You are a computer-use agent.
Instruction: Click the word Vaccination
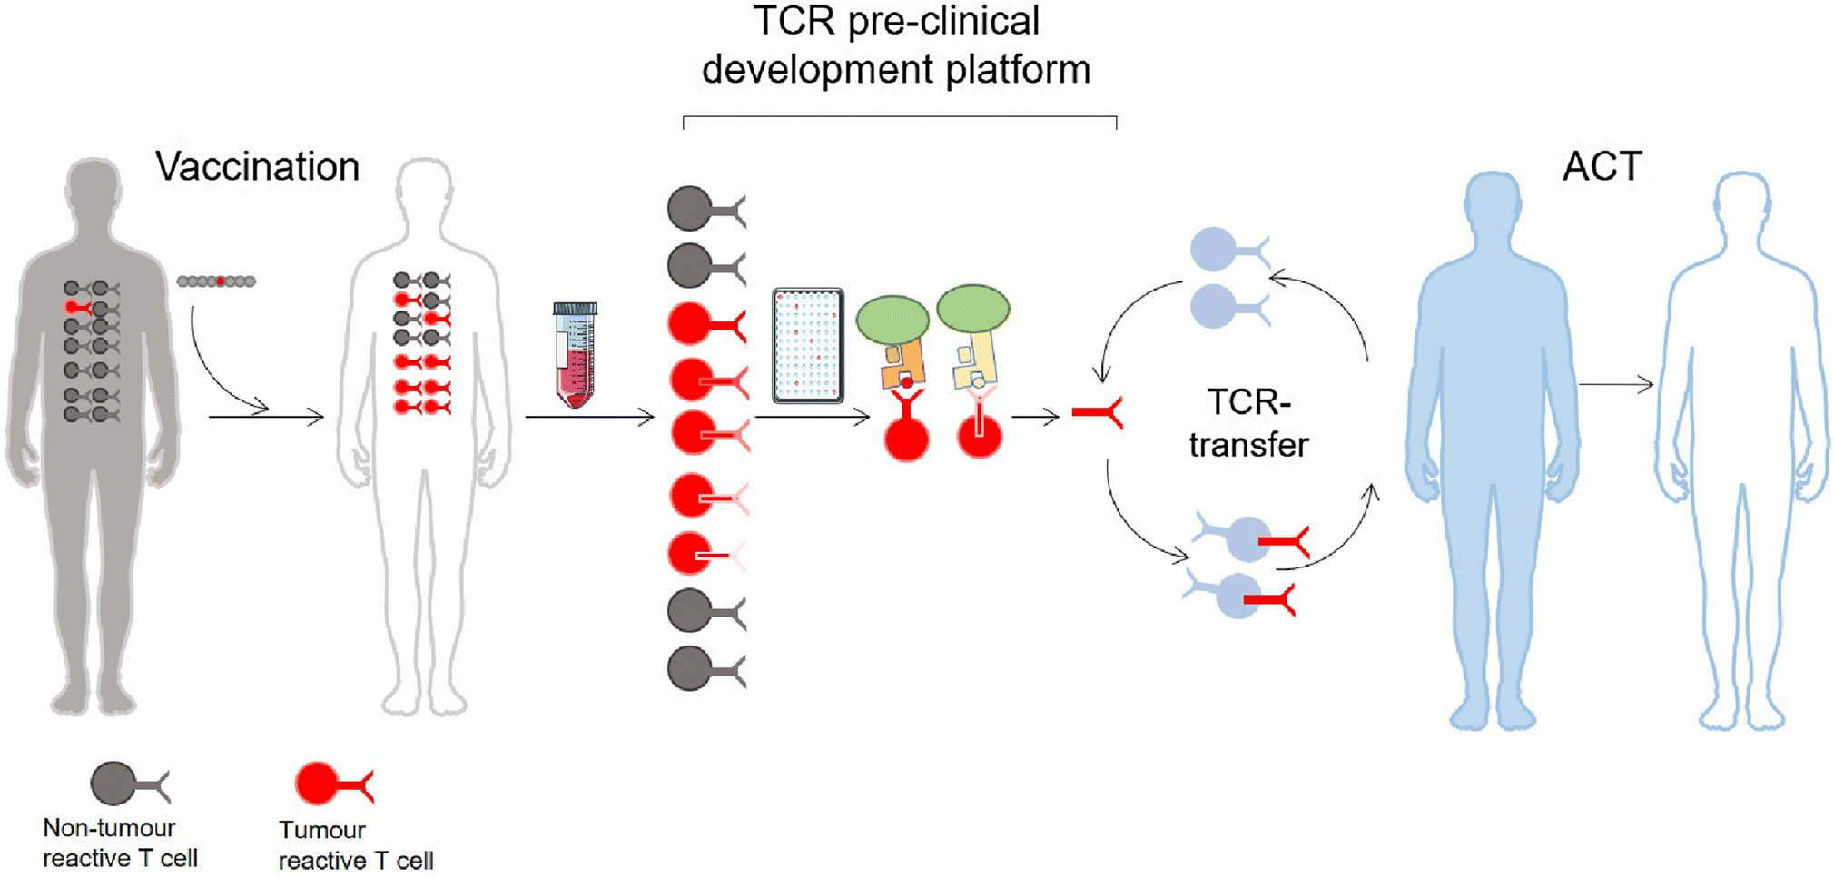tap(257, 167)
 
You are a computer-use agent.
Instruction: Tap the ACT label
tap(1602, 167)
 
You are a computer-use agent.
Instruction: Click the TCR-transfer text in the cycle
tap(1248, 423)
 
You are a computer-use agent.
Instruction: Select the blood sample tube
tap(575, 355)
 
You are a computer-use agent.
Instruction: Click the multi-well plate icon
tap(807, 346)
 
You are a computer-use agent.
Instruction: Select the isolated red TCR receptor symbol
tap(1098, 413)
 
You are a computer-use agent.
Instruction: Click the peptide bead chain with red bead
tap(216, 281)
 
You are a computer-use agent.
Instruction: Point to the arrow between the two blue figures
tap(1616, 385)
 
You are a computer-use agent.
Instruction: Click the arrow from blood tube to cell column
tap(589, 418)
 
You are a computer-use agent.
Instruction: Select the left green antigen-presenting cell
tap(892, 320)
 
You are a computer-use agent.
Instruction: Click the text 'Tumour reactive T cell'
tap(356, 845)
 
